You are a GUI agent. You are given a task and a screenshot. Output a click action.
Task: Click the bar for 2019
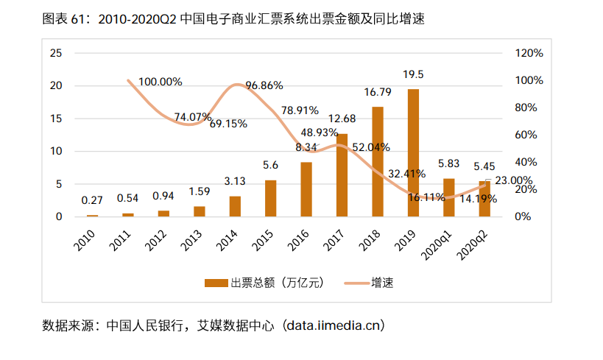point(413,153)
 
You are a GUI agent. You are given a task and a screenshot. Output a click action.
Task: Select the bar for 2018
point(377,162)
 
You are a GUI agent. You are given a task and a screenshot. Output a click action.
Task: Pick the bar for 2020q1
point(448,197)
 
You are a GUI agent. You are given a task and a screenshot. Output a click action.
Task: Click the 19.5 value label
point(413,74)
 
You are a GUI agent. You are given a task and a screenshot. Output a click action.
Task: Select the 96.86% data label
point(264,85)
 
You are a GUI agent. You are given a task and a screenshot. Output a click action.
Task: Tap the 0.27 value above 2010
point(92,200)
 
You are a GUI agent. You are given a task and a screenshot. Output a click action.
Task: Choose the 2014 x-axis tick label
point(228,239)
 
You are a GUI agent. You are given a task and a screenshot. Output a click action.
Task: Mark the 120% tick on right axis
point(529,53)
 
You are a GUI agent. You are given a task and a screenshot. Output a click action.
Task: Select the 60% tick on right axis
point(526,135)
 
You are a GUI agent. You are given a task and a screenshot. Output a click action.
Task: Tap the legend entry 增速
point(382,282)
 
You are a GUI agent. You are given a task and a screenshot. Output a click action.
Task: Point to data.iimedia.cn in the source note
point(335,325)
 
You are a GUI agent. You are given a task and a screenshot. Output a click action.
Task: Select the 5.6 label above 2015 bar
point(271,165)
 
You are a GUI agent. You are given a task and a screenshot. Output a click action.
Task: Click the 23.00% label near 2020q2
point(513,180)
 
